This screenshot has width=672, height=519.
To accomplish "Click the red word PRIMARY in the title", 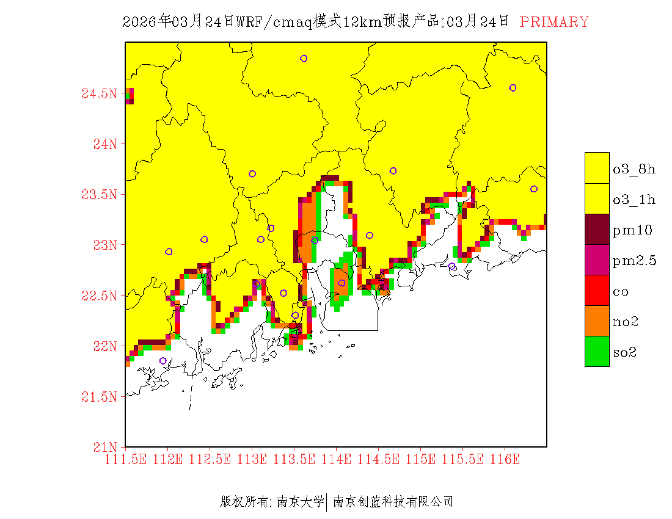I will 554,22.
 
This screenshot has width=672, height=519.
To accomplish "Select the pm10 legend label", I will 632,230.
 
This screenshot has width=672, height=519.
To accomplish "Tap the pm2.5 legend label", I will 635,261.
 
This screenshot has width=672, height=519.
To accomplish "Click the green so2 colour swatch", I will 597,351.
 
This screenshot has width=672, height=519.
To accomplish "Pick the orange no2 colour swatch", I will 597,321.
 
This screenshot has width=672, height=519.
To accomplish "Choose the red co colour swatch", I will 597,290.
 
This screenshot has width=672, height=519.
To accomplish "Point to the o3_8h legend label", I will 634,169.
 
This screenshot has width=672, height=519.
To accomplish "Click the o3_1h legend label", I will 634,200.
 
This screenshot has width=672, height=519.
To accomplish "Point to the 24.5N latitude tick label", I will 98,94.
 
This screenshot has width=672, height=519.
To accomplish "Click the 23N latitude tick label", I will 103,245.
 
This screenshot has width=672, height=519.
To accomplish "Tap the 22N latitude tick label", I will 103,346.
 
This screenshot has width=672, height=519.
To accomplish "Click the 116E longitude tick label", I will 505,459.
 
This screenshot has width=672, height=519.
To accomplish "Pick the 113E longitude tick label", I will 252,459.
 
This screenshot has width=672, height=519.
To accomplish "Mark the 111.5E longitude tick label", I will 125,459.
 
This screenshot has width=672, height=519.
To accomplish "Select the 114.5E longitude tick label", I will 378,459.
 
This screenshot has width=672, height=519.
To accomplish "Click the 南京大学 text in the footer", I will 300,502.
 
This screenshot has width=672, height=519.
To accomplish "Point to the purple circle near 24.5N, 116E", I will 513,88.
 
